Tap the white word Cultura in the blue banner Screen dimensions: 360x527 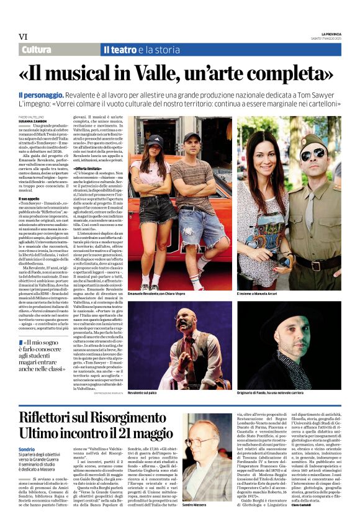click(36, 50)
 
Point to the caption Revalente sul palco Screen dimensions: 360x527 click(144, 393)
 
